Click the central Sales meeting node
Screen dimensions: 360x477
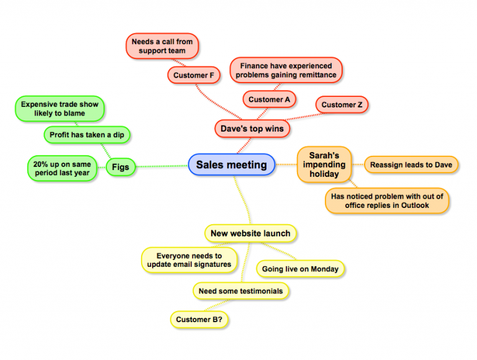pos(232,165)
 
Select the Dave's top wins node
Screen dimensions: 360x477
pos(252,129)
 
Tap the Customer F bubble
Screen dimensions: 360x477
pos(194,75)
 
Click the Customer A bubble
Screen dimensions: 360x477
pos(270,99)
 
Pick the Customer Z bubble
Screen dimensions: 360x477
pos(342,105)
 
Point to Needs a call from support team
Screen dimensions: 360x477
pos(162,46)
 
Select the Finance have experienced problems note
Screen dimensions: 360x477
pos(286,70)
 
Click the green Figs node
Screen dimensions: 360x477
pos(120,167)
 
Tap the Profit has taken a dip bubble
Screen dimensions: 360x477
pos(90,135)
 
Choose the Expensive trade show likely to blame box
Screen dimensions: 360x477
pos(60,109)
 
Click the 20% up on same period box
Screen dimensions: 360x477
pos(62,169)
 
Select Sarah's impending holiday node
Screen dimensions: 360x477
pos(324,164)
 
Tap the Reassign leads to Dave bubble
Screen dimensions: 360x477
pos(411,164)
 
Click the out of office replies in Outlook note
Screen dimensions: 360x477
pos(388,200)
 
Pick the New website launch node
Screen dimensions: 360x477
pos(250,233)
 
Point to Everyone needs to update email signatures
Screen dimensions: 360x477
pos(189,259)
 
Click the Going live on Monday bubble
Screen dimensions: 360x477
pos(300,269)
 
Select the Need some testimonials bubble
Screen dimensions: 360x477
pos(240,290)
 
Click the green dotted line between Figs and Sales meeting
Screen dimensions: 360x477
pos(161,166)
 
